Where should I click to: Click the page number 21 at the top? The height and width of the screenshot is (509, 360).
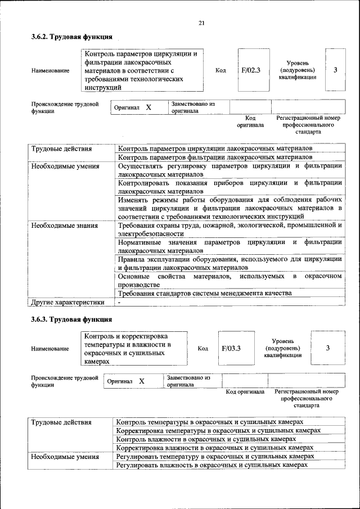point(201,22)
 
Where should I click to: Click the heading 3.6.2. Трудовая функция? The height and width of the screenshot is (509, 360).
point(71,37)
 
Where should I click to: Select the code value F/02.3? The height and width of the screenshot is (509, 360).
point(251,70)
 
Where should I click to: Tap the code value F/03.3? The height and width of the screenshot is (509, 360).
point(231,348)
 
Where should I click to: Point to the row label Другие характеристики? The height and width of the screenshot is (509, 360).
point(67,302)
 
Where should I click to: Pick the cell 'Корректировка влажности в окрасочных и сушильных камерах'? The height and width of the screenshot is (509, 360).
point(214,448)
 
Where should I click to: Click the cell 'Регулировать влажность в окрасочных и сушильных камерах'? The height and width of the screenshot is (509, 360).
point(211,465)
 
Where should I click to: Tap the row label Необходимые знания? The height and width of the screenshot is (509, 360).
point(65,226)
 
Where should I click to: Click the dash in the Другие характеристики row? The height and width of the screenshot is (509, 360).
point(119,302)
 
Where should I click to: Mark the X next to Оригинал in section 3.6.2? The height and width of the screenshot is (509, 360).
point(148,107)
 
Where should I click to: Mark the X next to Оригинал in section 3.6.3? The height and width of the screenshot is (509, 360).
point(142,381)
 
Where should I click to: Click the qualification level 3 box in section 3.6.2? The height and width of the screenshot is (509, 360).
point(335,70)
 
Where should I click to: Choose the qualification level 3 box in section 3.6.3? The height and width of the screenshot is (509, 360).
point(327,348)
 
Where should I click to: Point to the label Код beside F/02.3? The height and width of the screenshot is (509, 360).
point(220,70)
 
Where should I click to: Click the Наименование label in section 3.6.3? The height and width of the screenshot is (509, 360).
point(51,348)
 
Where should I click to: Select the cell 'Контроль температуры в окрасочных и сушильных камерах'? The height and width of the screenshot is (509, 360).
point(209,421)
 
